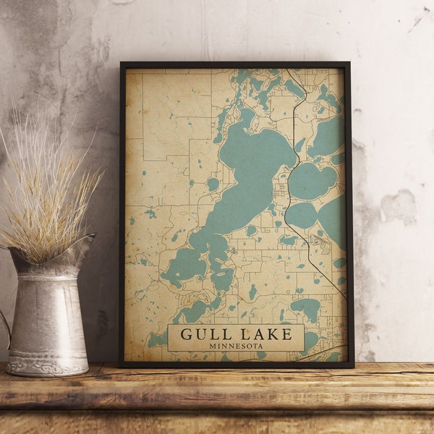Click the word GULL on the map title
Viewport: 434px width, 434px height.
204,334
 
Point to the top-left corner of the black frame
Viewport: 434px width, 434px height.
122,64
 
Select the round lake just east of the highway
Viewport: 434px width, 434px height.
312,181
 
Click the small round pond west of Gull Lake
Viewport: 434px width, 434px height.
213,184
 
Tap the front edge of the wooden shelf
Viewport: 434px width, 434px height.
217,401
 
